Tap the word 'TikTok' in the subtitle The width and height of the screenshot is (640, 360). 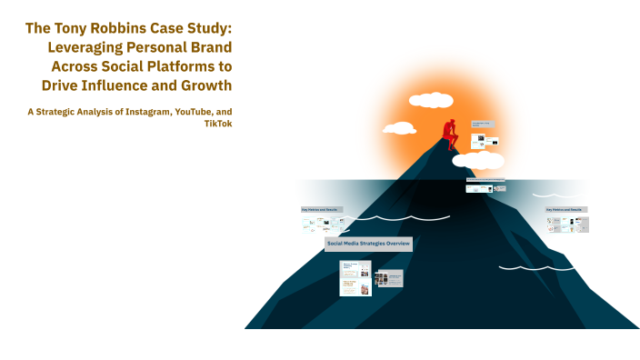pos(219,124)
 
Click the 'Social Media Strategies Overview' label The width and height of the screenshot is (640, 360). pos(368,244)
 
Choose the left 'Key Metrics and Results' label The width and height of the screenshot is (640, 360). pos(322,209)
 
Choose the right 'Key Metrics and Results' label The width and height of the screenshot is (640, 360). pos(566,209)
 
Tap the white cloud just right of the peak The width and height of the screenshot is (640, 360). pos(479,161)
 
